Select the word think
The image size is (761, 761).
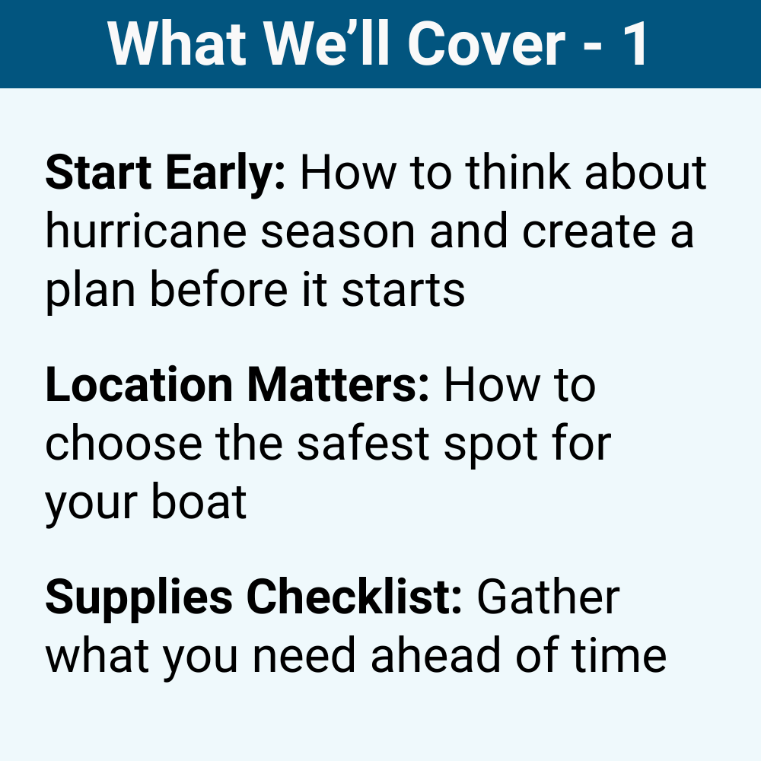point(518,174)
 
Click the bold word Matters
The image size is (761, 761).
point(336,386)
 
